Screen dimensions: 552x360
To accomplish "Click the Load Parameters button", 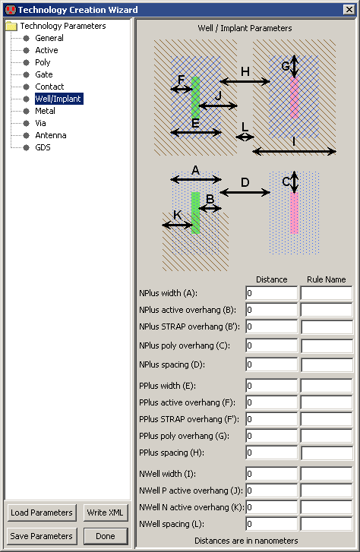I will [42, 513].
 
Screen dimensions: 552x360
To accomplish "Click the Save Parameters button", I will [42, 536].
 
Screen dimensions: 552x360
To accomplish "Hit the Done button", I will [106, 536].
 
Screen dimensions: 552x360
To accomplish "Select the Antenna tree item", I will [50, 135].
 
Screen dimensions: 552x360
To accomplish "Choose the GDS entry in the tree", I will [43, 147].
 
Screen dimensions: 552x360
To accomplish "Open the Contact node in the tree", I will [49, 87].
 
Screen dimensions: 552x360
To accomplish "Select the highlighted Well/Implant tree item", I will [58, 99].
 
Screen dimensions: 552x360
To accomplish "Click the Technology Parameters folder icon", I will [11, 26].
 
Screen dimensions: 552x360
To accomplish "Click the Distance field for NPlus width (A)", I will [271, 293].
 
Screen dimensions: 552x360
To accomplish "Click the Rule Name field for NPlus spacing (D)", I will [327, 364].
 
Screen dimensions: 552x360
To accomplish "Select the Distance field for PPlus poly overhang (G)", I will [271, 436].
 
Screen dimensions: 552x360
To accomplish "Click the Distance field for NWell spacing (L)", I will [271, 524].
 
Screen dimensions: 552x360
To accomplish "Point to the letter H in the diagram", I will [245, 71].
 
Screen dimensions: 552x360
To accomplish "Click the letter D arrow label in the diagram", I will [245, 183].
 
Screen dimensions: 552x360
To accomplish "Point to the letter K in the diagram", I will [178, 216].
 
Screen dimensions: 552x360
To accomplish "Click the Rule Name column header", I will [327, 279].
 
